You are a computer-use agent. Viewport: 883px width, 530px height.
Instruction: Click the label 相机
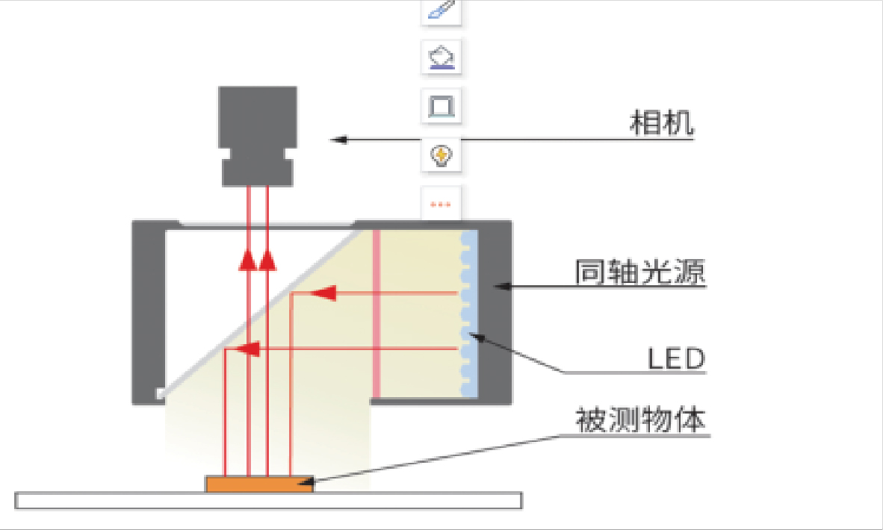662,124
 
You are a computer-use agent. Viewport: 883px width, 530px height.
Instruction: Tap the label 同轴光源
640,272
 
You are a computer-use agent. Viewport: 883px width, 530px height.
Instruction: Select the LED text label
675,359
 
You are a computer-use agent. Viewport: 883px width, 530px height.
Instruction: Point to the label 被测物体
640,420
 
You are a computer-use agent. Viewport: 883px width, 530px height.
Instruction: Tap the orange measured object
259,484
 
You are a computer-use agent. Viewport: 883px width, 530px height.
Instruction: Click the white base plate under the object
269,501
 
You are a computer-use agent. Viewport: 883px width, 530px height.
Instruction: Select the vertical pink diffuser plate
377,314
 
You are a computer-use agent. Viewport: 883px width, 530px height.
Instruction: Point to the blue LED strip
468,314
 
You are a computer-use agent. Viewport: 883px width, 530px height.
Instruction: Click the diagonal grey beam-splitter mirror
261,314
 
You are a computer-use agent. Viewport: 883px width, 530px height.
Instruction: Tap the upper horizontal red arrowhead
322,293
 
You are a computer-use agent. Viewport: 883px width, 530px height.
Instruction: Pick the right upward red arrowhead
267,259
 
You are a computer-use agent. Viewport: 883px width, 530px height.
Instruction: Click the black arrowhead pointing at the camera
340,139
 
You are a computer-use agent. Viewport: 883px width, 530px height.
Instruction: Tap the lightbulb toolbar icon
441,155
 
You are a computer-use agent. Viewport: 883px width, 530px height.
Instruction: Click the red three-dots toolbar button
441,204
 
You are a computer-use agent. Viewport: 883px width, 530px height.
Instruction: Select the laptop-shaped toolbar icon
441,106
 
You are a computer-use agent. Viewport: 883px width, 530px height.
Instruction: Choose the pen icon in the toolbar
441,10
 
